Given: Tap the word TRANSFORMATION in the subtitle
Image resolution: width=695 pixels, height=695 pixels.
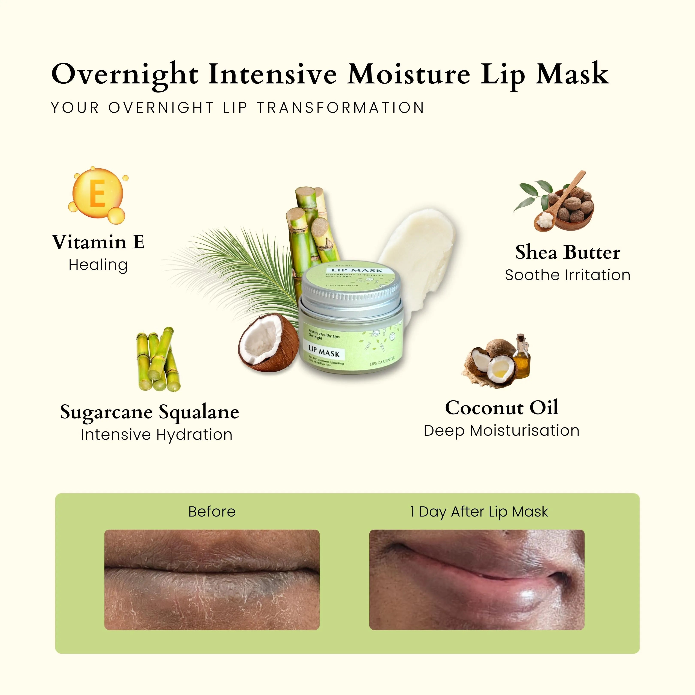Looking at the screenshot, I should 341,107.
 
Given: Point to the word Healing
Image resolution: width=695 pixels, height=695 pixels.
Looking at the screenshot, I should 98,265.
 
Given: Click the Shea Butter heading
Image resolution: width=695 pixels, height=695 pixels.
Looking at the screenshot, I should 568,252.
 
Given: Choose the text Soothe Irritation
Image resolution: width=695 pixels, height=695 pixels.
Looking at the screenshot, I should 568,275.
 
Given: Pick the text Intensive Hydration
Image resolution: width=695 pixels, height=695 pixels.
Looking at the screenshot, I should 157,435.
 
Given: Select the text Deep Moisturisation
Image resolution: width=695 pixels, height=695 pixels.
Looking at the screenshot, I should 502,431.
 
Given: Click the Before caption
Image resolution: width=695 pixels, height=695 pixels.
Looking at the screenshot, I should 212,512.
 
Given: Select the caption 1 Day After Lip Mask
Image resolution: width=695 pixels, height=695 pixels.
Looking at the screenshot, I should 479,512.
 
